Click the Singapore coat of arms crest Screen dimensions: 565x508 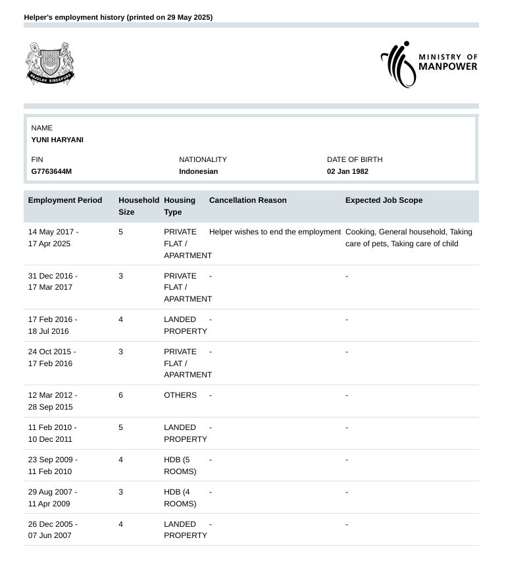point(50,63)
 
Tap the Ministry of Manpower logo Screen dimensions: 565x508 point(429,64)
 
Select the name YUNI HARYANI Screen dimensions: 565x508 point(57,140)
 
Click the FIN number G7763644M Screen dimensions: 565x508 point(51,171)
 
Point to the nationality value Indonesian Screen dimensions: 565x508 point(198,171)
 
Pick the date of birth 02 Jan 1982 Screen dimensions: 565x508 point(347,171)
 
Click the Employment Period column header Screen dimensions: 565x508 point(65,200)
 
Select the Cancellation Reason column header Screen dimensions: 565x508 point(247,200)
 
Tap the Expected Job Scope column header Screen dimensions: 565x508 point(384,200)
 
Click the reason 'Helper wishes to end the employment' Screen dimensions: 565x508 point(275,232)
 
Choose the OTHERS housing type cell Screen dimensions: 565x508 point(180,395)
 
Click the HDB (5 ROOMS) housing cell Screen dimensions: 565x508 point(180,466)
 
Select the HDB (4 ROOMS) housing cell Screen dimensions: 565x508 point(180,498)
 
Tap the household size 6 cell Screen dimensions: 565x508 point(120,395)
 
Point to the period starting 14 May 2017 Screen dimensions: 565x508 point(53,238)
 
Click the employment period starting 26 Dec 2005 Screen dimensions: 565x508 point(53,530)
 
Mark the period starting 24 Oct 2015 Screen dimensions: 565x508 point(52,358)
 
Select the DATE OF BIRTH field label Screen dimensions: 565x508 point(354,159)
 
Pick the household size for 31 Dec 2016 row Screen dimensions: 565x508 point(120,276)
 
